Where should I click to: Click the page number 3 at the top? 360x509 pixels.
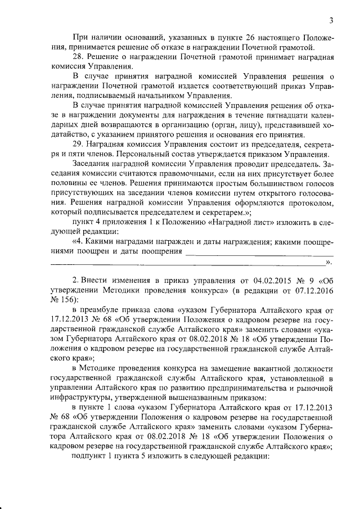(x=332, y=22)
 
